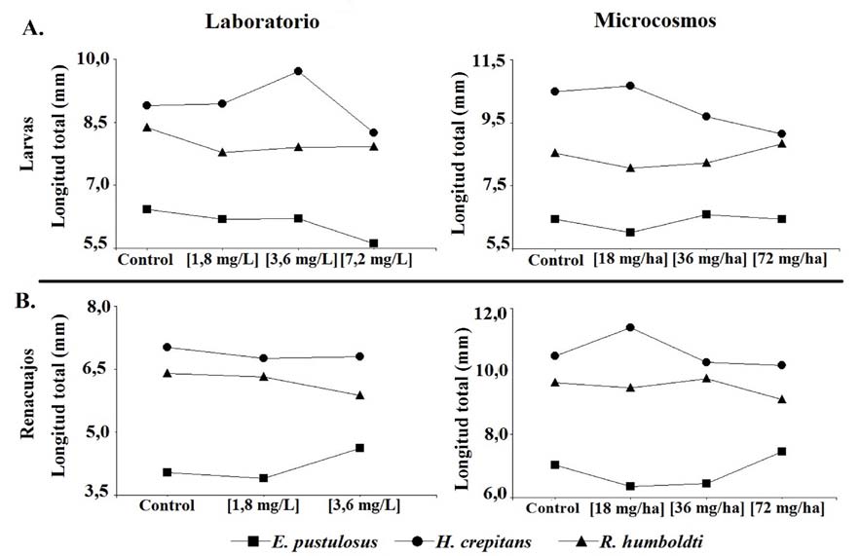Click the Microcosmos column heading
coord(655,20)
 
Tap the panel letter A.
coord(33,28)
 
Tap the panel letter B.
coord(33,299)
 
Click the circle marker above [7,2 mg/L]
coord(374,132)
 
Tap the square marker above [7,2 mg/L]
coord(374,243)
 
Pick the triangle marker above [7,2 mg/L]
coord(374,147)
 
